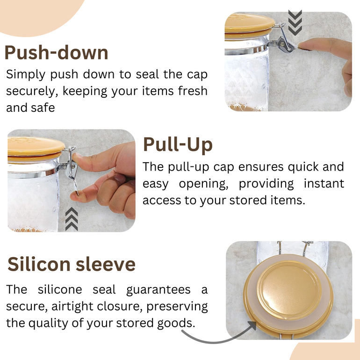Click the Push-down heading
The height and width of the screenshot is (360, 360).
(56, 52)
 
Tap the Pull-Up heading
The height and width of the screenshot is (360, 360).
(178, 145)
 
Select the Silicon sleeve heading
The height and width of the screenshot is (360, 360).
(72, 264)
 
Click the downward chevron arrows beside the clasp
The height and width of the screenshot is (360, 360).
(295, 23)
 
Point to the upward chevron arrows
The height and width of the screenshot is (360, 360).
(72, 219)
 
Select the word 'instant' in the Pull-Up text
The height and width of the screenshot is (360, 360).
(324, 183)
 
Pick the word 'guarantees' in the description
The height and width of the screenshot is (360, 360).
(158, 289)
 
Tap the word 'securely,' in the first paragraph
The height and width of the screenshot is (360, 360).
(32, 91)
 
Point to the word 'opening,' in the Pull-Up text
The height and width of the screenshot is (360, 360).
(203, 184)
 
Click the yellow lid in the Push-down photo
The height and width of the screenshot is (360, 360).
(249, 26)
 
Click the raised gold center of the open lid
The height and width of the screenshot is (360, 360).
(289, 290)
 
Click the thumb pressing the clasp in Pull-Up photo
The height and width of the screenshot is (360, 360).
(83, 160)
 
